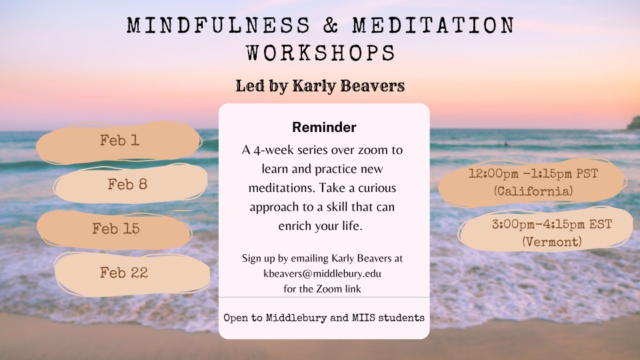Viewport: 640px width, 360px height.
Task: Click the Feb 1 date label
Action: click(x=119, y=141)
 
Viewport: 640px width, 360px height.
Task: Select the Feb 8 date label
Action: click(x=127, y=184)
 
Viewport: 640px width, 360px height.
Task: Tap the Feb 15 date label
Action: click(x=116, y=228)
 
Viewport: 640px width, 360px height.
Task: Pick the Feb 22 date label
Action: click(x=124, y=272)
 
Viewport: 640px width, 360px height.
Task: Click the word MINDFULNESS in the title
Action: click(x=219, y=25)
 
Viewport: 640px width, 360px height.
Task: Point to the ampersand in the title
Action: click(x=331, y=25)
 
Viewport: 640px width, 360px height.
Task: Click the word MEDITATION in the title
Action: click(x=433, y=25)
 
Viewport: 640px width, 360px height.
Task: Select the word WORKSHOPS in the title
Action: click(x=321, y=53)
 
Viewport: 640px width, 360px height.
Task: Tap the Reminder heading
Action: click(x=324, y=127)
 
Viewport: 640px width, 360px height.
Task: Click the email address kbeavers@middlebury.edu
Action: click(x=322, y=273)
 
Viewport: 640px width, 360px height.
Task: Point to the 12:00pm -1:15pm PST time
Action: click(x=533, y=173)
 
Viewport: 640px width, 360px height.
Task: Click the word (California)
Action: click(x=533, y=191)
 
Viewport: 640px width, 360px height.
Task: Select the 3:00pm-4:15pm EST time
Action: click(x=552, y=224)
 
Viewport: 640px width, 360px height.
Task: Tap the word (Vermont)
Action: click(x=552, y=241)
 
